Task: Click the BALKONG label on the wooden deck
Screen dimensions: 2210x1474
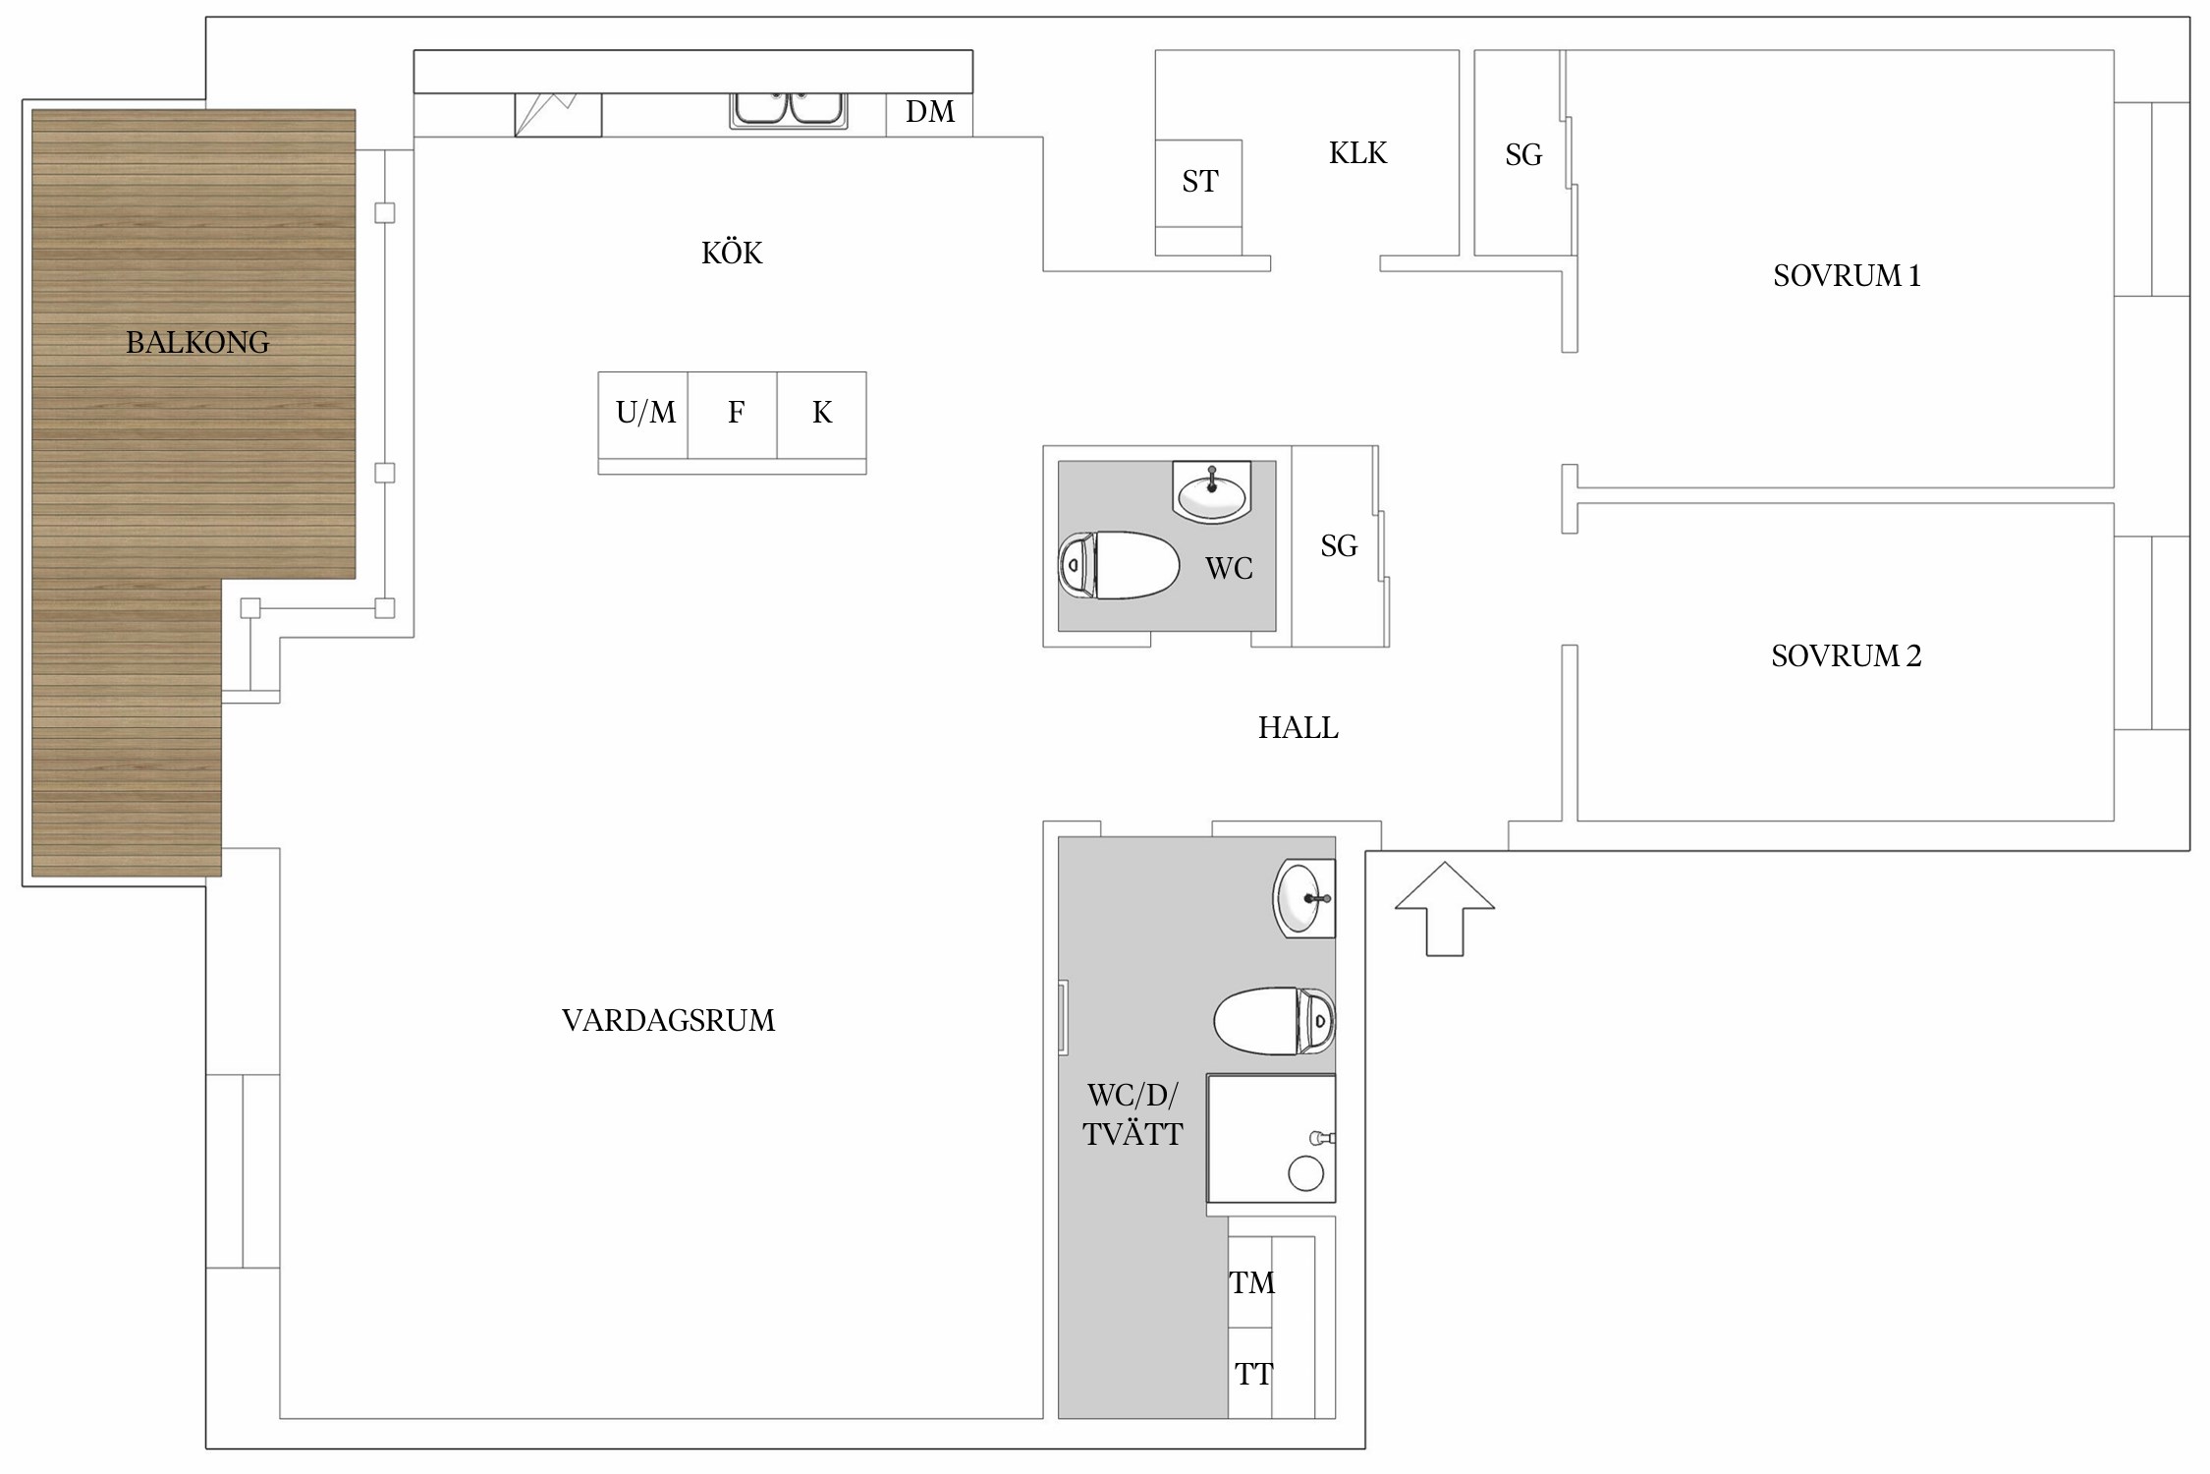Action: click(197, 342)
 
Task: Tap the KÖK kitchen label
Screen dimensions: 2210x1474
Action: click(732, 253)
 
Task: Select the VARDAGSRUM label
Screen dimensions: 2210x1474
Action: click(668, 1020)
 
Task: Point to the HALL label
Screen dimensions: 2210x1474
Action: click(1298, 727)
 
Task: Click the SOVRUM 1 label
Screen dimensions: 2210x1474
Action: click(1847, 275)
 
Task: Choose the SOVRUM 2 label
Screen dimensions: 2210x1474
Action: click(1846, 655)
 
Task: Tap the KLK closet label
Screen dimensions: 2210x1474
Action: click(1357, 153)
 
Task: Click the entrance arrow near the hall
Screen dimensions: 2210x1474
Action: click(1445, 909)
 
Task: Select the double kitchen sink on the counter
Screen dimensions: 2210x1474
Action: click(788, 110)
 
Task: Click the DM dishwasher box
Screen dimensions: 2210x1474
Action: click(929, 114)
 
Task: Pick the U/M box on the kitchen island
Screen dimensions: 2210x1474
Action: click(643, 415)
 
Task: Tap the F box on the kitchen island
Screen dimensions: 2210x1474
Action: click(733, 415)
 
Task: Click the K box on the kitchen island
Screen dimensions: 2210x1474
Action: click(822, 415)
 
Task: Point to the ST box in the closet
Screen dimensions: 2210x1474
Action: click(1198, 183)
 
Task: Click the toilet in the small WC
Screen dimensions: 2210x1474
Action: click(1119, 565)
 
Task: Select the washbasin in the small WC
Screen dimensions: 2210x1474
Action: click(1212, 491)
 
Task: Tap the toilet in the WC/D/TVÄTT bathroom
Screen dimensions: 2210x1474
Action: click(1275, 1021)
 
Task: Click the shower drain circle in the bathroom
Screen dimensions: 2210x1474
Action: click(1305, 1173)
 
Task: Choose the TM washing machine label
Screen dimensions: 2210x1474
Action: click(1251, 1282)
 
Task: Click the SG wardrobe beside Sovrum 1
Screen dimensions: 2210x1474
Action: click(1522, 153)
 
